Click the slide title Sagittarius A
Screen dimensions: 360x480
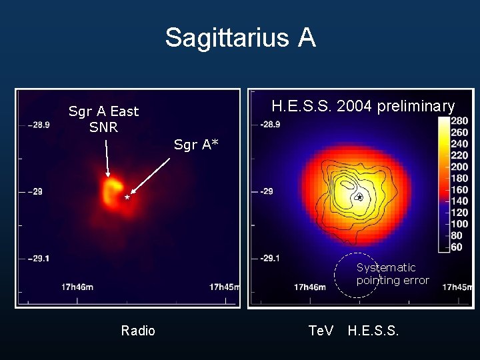click(x=240, y=38)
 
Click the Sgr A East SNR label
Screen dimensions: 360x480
click(x=103, y=119)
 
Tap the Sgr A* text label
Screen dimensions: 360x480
click(x=196, y=144)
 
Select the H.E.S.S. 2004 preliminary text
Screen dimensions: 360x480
click(x=363, y=106)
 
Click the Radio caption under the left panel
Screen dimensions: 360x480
click(x=138, y=331)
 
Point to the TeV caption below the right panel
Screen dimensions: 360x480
click(x=321, y=331)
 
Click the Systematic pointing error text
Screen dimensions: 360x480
click(x=393, y=274)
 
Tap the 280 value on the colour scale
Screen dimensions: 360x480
click(x=460, y=121)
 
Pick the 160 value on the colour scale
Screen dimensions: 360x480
click(x=460, y=190)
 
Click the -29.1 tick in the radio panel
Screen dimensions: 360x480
click(x=38, y=258)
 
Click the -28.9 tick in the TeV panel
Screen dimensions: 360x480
click(x=271, y=125)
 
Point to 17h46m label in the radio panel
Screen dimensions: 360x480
click(x=77, y=287)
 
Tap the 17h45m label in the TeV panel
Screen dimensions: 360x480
click(x=457, y=287)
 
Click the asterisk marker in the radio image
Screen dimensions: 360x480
click(x=127, y=198)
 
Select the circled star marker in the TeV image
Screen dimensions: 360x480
click(x=359, y=197)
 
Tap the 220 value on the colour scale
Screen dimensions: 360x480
click(x=460, y=155)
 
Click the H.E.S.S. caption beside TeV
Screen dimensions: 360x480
click(x=373, y=331)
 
